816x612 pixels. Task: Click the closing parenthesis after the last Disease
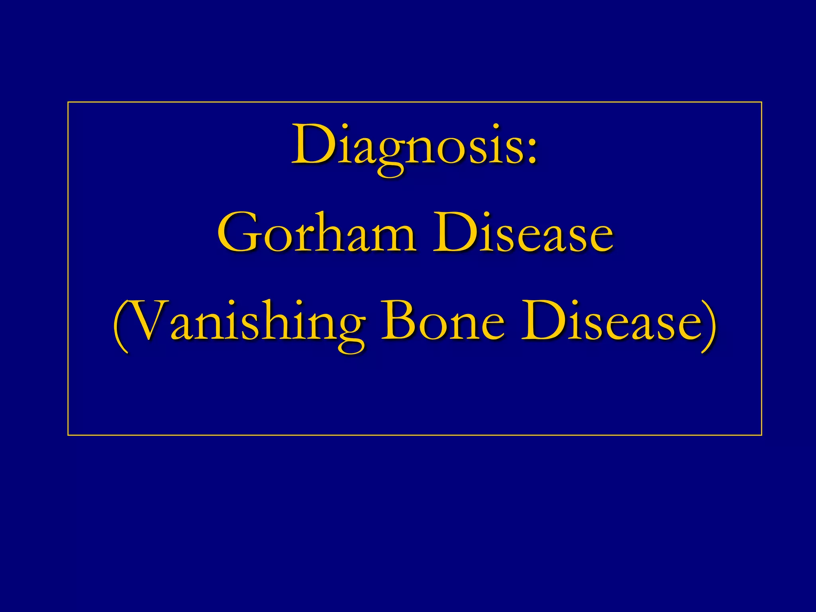[709, 325]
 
